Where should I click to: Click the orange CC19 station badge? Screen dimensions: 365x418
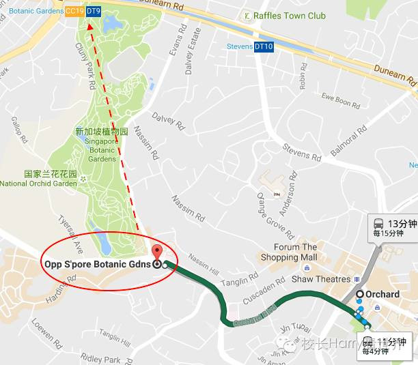74,12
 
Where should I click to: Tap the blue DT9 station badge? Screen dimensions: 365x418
94,12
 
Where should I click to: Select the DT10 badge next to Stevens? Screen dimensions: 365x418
264,47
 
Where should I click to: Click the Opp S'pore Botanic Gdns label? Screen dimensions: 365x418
98,264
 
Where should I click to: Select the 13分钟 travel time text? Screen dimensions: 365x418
402,223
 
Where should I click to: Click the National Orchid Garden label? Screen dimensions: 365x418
38,184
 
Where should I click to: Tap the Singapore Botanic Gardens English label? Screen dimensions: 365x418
102,149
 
